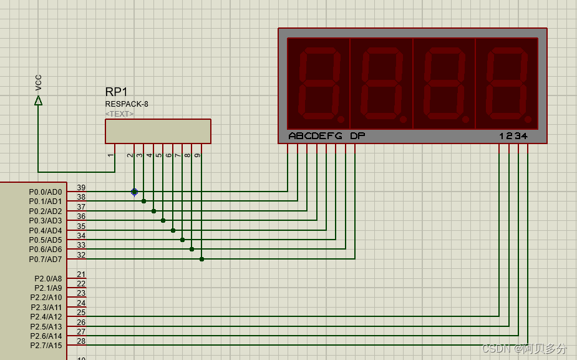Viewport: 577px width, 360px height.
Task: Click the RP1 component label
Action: coord(116,92)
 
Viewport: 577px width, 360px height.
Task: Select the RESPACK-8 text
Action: coord(127,104)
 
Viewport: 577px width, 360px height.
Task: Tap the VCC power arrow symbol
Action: coord(38,100)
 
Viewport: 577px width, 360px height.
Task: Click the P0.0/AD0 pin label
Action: coord(46,192)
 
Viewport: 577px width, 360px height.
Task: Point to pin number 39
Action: coord(81,188)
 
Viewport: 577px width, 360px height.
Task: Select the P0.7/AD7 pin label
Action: coord(46,259)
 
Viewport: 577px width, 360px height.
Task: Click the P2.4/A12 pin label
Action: coord(46,317)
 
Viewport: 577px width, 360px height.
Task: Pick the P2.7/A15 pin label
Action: coord(46,345)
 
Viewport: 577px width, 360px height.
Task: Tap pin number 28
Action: coord(81,341)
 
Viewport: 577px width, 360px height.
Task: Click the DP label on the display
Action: coord(357,136)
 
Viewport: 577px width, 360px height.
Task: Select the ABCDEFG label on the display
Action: coord(315,136)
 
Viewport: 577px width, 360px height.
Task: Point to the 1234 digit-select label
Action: coord(513,136)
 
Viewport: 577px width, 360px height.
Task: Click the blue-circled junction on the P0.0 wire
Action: coord(134,192)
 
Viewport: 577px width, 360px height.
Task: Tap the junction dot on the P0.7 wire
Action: coord(201,259)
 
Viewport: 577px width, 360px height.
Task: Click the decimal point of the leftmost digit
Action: coord(341,119)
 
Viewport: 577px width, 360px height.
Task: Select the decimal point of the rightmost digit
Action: coord(528,119)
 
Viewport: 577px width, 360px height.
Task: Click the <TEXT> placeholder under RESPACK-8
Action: coord(119,114)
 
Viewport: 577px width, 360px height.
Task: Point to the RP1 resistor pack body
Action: coord(158,132)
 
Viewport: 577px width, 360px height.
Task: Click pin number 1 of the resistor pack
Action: coord(110,155)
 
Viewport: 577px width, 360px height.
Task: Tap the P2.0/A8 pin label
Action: coord(48,279)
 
